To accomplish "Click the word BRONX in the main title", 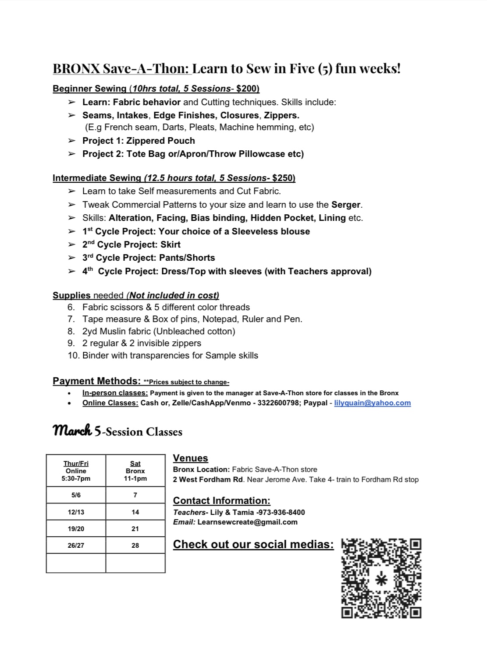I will (76, 69).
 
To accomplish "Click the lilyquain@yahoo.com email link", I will (372, 403).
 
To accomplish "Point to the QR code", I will (381, 578).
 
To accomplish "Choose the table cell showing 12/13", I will (76, 512).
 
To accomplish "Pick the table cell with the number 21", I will (135, 529).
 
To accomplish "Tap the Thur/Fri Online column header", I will (76, 471).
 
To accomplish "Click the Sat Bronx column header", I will (135, 471).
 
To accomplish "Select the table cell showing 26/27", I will (76, 546).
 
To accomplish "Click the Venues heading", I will (190, 458).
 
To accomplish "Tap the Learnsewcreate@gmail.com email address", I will (247, 522).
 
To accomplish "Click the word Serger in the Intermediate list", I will (346, 205).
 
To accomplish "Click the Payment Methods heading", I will (96, 381).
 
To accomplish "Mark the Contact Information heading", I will (221, 501).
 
